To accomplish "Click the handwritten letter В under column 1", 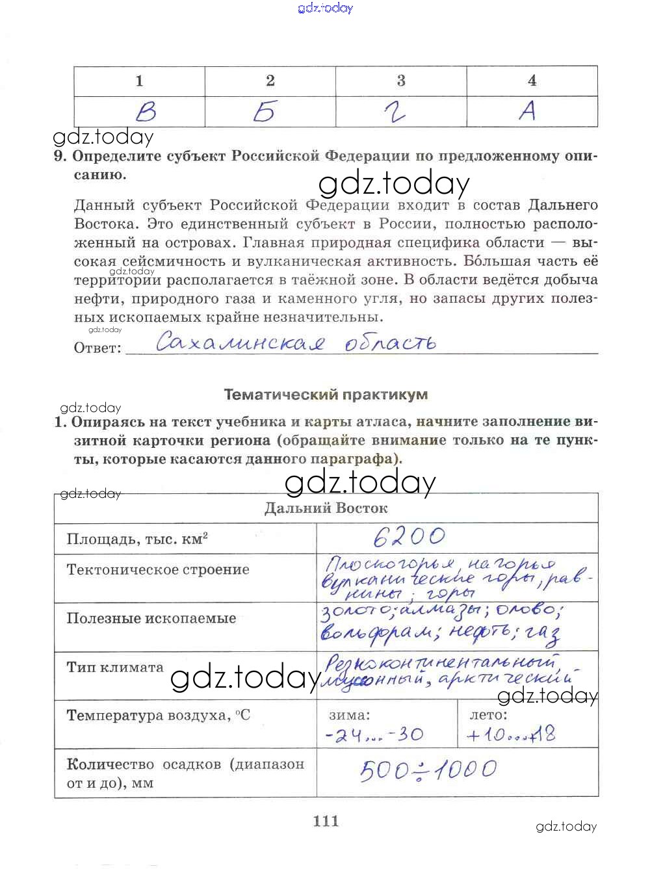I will [x=146, y=113].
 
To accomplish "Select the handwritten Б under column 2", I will [x=265, y=112].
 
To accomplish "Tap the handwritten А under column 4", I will [x=527, y=111].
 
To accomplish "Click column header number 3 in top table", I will [x=401, y=81].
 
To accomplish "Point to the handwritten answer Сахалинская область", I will [x=296, y=343].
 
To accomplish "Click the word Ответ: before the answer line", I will [x=97, y=348].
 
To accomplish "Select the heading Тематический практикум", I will [x=326, y=395].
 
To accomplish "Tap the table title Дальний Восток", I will [x=326, y=508].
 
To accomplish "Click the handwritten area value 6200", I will [x=409, y=536].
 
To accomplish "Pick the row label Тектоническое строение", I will [x=158, y=570].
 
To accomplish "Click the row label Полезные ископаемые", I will [x=151, y=618].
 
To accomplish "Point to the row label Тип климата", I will [x=115, y=668].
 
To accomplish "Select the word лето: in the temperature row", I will [x=488, y=715].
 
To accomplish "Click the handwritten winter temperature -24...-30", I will [x=374, y=735].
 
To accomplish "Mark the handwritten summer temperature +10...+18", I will [x=511, y=735].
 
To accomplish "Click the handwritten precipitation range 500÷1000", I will [x=428, y=770].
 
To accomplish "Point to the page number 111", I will [x=326, y=821].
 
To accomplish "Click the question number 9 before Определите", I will [x=60, y=157].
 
